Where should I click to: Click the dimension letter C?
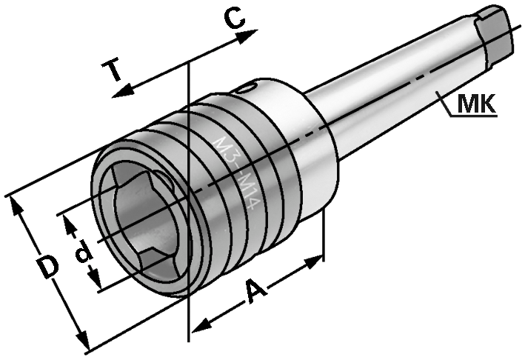pos(235,19)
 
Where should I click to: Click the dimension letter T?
pos(113,71)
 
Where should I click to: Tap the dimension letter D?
pos(48,267)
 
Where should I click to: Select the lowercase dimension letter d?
pos(84,253)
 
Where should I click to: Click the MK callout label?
pos(475,105)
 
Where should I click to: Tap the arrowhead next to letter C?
pos(252,33)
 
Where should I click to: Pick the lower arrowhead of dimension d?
pos(96,284)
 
